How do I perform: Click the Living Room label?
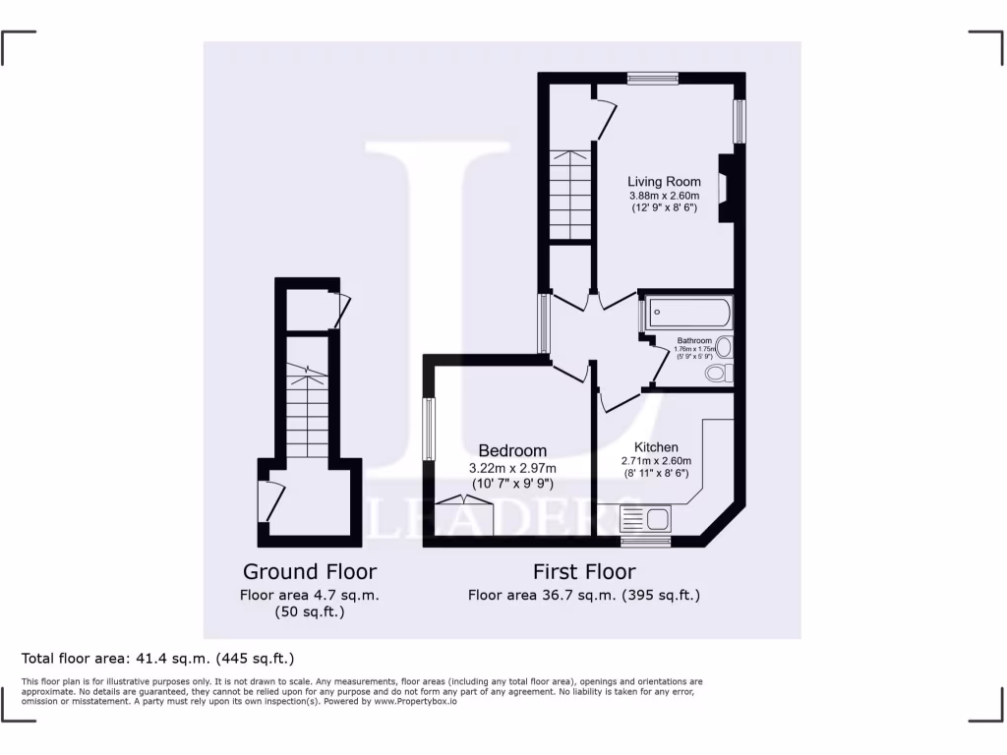click(x=665, y=182)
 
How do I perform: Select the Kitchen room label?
click(x=656, y=447)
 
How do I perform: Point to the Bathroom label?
click(x=693, y=341)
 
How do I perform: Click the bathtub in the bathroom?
click(x=687, y=314)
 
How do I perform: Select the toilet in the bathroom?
click(x=720, y=374)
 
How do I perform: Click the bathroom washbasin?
click(x=725, y=346)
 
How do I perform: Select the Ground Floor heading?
click(x=310, y=571)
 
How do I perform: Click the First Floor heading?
click(x=584, y=571)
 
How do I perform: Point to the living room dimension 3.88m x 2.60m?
click(x=665, y=196)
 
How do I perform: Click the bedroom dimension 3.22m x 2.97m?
click(x=512, y=468)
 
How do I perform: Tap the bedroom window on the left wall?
click(x=429, y=429)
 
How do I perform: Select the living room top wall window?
click(x=653, y=79)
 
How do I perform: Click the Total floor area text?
click(x=157, y=658)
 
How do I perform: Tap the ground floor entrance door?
click(x=263, y=501)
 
